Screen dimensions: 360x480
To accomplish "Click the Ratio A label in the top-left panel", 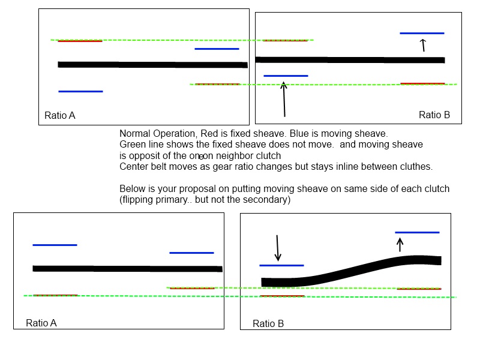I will coord(60,115).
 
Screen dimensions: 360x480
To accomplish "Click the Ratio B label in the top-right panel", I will coord(434,115).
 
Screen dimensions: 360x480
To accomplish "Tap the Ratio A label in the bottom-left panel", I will coord(41,323).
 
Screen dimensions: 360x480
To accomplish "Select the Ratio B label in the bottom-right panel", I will coord(268,323).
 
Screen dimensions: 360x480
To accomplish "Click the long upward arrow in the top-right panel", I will coord(284,100).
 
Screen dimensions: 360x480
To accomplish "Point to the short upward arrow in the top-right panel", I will coord(423,45).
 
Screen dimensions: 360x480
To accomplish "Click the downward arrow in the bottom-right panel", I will coord(277,247).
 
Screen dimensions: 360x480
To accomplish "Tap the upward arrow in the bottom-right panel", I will coord(400,244).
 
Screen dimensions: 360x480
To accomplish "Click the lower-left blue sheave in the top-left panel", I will coord(80,91).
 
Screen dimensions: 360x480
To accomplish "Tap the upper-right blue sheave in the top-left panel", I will coord(217,49).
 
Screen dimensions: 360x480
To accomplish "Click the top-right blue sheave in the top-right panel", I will coord(422,33).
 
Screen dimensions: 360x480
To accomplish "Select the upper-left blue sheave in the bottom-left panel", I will coord(55,245).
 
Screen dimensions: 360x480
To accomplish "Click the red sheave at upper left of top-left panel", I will coord(80,41).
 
